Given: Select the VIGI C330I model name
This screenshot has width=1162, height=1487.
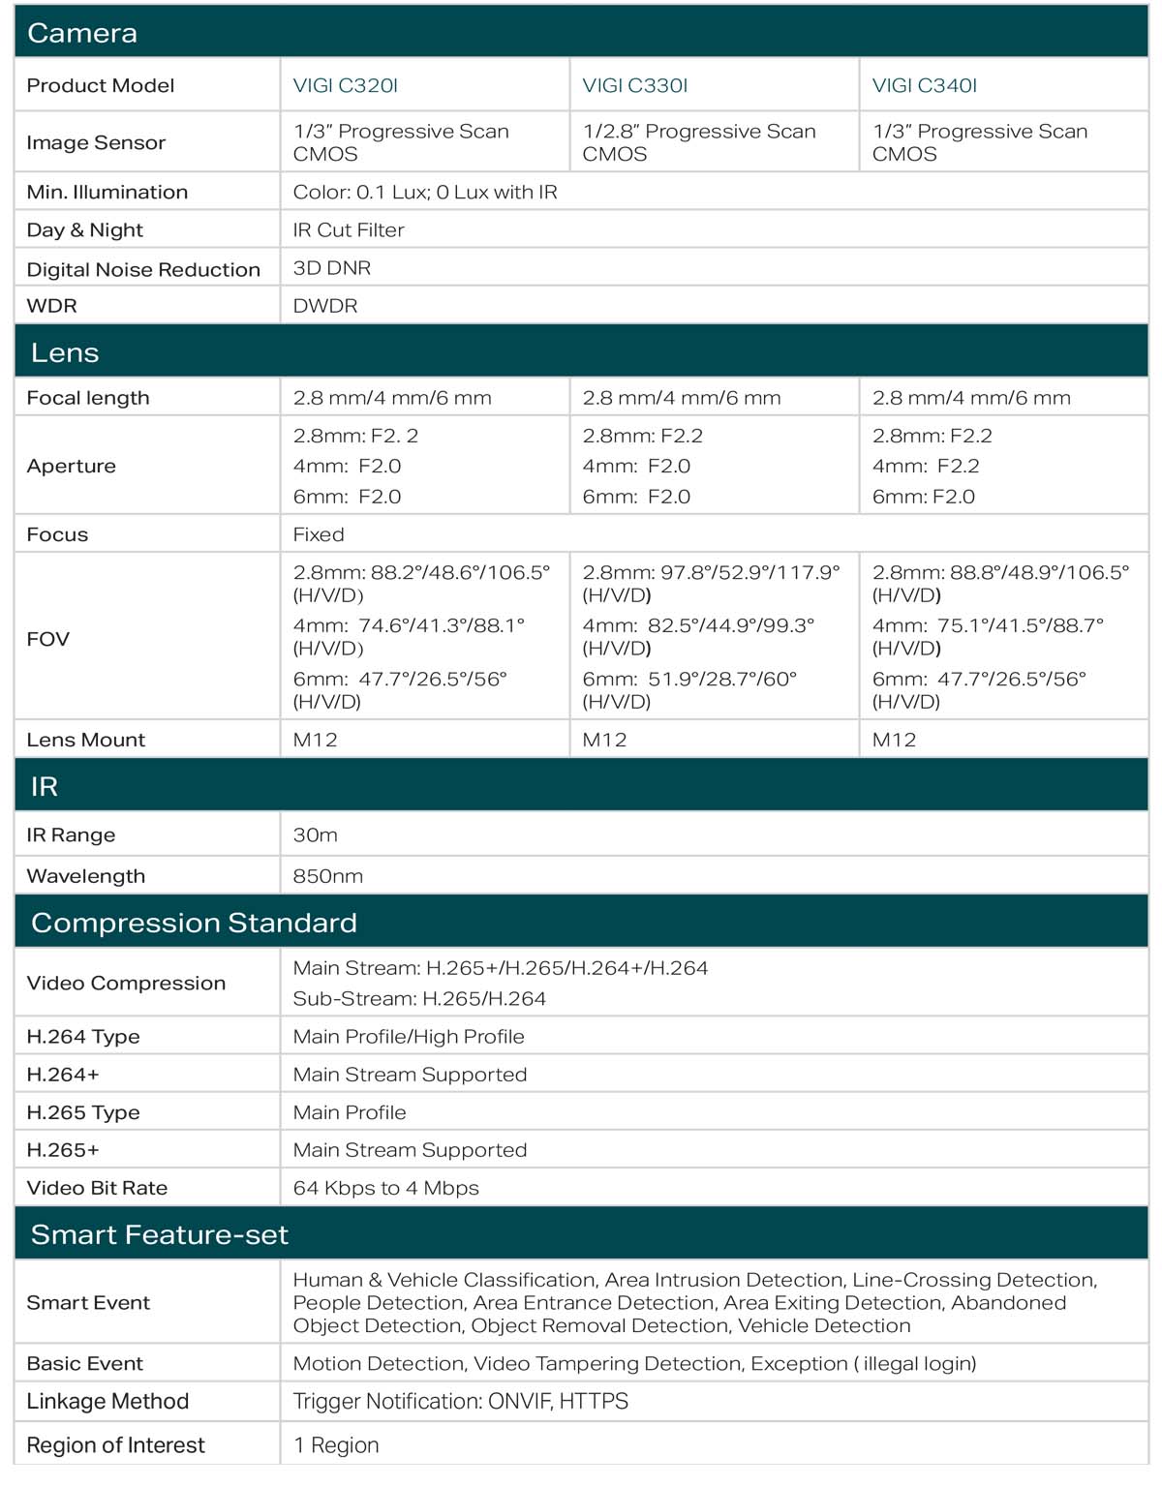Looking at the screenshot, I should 635,85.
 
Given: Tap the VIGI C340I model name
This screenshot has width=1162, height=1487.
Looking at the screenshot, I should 925,85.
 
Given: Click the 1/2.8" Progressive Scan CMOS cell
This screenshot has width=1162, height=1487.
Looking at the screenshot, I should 699,142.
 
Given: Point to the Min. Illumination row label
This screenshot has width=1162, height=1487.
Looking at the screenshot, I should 107,192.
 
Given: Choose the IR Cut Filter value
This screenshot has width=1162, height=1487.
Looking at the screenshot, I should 349,229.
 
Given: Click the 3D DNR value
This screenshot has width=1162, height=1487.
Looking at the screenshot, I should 332,268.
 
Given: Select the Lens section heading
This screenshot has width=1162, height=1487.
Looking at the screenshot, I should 65,352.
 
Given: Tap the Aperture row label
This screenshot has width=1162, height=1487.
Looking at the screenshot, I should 72,466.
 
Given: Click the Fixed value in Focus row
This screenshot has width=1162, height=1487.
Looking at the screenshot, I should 319,534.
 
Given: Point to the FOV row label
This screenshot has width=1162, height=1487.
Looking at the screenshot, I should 48,639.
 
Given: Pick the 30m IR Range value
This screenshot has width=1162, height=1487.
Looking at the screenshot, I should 316,835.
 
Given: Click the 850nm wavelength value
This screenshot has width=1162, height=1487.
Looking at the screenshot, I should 328,876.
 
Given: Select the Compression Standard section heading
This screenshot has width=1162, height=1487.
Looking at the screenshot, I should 194,923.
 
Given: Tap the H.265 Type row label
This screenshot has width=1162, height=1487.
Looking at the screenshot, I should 83,1112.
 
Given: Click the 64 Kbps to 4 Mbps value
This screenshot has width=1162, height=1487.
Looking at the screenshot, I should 386,1188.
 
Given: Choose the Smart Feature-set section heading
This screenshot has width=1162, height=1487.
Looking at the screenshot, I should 160,1234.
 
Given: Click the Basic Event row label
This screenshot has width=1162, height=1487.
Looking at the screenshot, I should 85,1363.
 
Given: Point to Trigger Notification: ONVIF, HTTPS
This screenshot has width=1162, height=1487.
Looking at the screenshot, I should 461,1401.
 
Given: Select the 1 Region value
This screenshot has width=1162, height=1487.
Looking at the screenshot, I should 336,1445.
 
